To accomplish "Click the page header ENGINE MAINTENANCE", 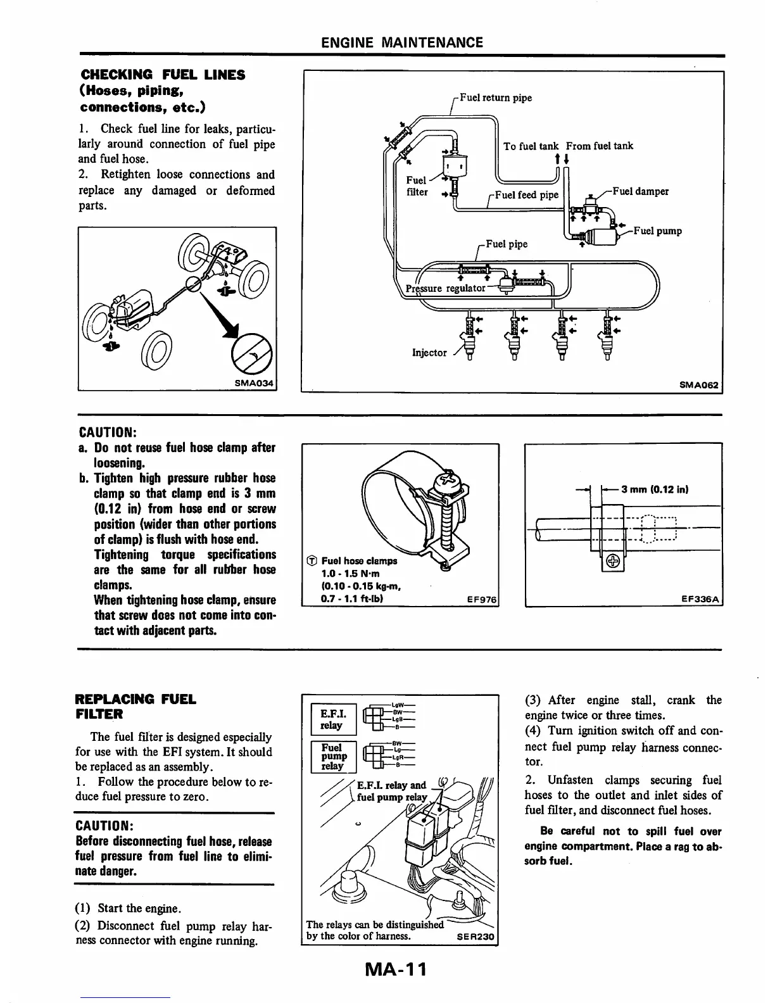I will coord(401,42).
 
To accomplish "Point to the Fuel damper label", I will coord(640,191).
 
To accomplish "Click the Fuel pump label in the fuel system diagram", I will coord(657,231).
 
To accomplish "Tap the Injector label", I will coord(429,353).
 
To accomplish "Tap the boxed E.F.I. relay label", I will coord(331,719).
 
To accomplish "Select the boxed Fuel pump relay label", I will coord(331,757).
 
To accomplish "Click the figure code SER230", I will coord(475,936).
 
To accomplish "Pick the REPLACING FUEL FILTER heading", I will coord(135,707).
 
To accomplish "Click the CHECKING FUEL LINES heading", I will coord(161,90).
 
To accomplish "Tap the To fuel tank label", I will coord(531,146).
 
